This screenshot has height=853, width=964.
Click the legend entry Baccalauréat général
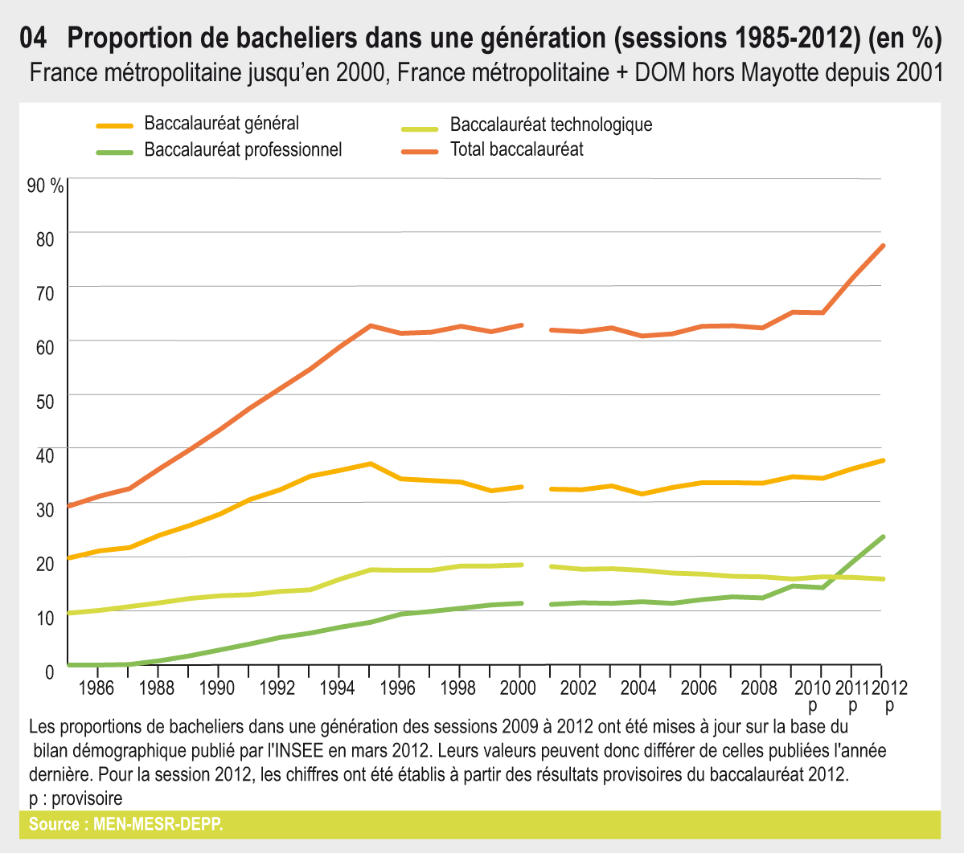pos(221,124)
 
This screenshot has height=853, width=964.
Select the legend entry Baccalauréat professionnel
pos(243,149)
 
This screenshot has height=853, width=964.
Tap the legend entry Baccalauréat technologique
pos(551,124)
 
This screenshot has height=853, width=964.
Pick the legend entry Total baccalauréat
pos(516,149)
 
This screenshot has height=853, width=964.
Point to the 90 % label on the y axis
pos(45,186)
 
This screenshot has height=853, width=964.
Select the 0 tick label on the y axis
pos(50,671)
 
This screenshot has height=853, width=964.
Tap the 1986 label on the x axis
pos(96,688)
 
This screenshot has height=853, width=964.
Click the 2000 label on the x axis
pos(518,688)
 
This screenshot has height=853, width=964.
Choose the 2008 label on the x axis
pos(759,688)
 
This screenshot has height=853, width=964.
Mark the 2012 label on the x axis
pos(889,688)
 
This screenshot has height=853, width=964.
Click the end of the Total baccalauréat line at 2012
pos(883,246)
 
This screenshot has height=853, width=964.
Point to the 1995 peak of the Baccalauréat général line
pos(370,463)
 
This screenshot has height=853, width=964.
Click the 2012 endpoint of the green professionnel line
pos(883,537)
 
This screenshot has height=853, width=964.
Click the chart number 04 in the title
pos(34,38)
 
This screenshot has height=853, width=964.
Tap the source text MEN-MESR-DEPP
pos(158,825)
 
